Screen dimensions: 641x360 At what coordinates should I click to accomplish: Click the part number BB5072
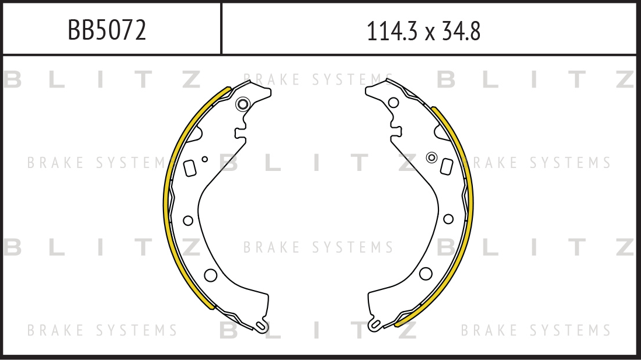coord(107,30)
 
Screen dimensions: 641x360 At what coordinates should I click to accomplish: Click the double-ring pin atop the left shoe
coord(243,104)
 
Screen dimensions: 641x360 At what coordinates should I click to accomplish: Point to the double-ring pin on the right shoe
coord(431,158)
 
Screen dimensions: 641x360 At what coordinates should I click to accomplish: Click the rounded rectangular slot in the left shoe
coord(190,168)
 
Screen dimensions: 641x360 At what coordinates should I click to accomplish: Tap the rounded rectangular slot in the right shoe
coord(447,166)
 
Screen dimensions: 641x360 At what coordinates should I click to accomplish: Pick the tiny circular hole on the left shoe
coord(205,159)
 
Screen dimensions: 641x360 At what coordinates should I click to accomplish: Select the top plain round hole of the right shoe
coord(393,103)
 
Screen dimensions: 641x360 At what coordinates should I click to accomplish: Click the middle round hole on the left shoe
coord(188,221)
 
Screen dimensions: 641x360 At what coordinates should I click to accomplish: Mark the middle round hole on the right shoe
coord(448,219)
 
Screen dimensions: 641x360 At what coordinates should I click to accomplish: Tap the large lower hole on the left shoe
coord(211,275)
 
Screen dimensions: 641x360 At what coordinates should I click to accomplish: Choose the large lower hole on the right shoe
coord(426,274)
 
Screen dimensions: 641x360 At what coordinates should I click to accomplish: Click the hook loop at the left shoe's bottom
coord(261,326)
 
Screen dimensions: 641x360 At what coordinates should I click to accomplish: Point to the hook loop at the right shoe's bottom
coord(374,325)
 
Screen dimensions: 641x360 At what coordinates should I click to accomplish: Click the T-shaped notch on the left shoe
coord(240,133)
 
